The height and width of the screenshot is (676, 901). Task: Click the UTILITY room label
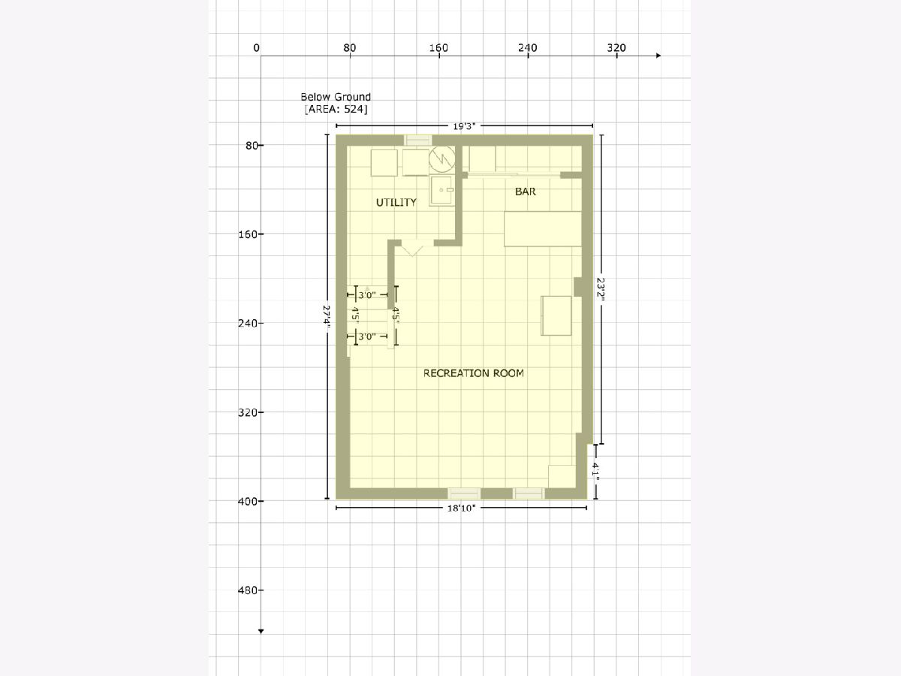(x=396, y=202)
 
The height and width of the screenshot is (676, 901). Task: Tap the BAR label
(x=526, y=192)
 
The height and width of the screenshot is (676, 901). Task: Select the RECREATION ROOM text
(x=473, y=373)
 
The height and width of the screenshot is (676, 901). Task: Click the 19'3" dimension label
(x=464, y=126)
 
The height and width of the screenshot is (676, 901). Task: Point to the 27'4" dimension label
(x=327, y=315)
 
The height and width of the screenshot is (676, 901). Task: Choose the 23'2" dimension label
(x=601, y=289)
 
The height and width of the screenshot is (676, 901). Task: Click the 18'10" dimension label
(x=461, y=509)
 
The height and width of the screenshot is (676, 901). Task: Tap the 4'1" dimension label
(x=595, y=471)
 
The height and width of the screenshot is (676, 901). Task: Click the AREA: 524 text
(x=336, y=109)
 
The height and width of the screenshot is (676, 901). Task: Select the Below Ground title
(x=336, y=97)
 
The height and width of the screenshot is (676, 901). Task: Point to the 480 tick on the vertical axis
(x=261, y=590)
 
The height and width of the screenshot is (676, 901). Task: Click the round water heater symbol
(x=442, y=158)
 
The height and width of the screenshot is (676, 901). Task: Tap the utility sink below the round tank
(x=442, y=190)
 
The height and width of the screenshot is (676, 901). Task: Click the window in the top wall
(x=417, y=140)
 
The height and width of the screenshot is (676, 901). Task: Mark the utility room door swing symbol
(x=411, y=251)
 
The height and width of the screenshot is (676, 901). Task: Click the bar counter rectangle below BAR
(x=543, y=228)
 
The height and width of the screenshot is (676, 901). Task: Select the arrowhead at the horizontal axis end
(x=658, y=56)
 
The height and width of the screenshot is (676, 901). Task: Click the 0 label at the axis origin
(x=256, y=48)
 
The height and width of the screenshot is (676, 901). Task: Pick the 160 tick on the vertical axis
(x=261, y=234)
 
